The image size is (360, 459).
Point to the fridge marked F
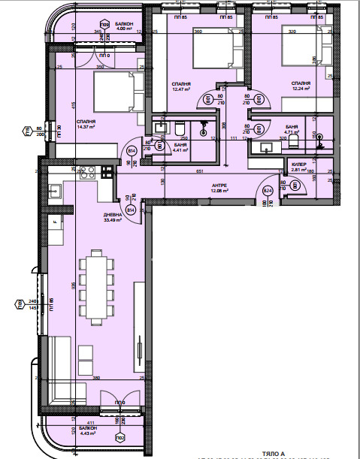click(56, 222)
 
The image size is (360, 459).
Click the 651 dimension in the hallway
click(200, 172)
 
